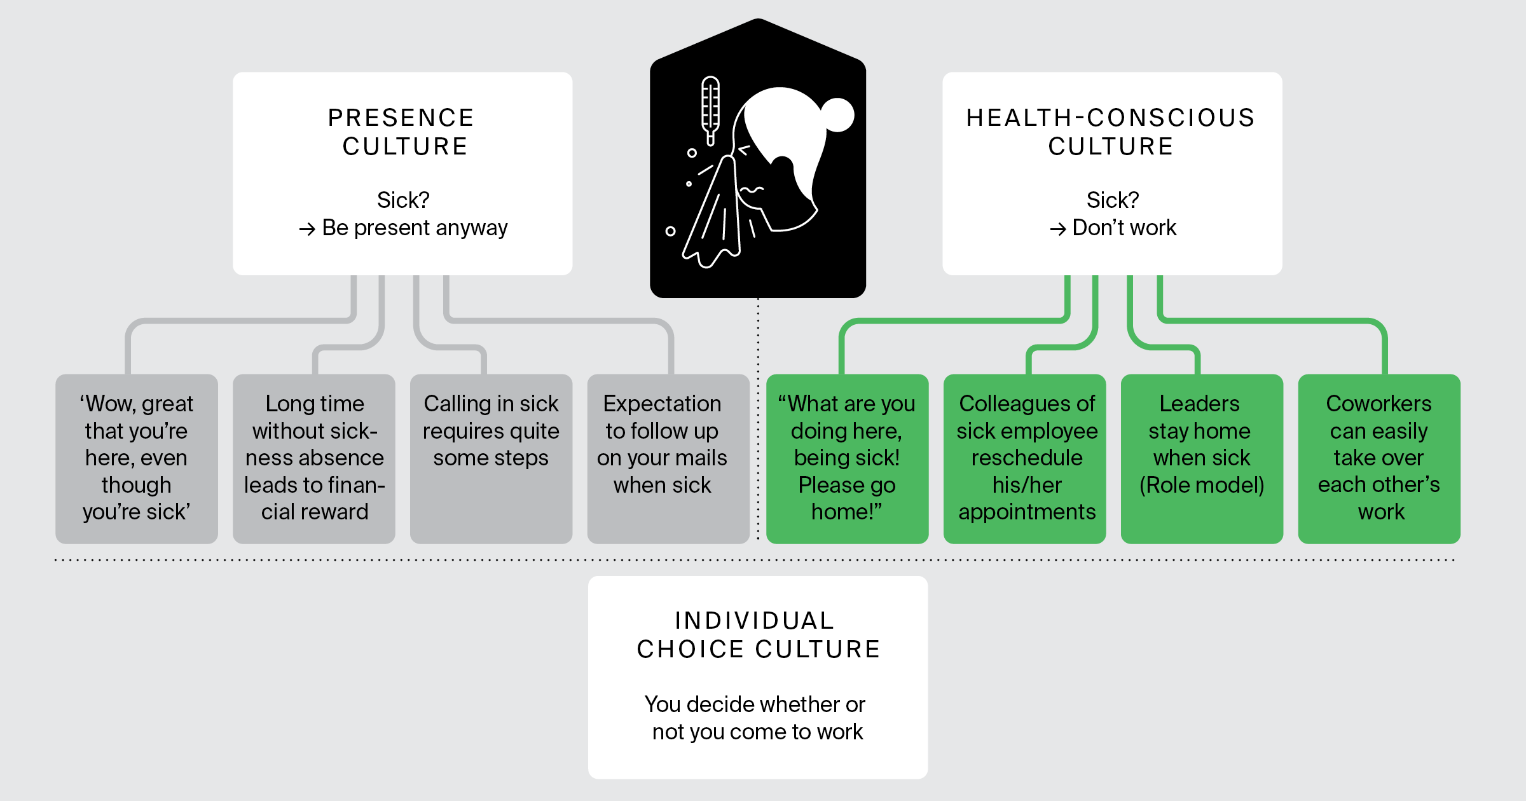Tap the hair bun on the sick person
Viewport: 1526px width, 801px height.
[837, 115]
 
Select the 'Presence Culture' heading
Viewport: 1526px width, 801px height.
[402, 132]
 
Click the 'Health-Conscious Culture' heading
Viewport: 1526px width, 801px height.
[1111, 132]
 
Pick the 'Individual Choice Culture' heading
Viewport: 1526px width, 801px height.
[757, 634]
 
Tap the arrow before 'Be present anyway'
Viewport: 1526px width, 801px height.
[307, 229]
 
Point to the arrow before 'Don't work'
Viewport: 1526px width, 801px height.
[1057, 229]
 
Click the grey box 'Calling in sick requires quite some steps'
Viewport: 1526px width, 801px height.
[491, 458]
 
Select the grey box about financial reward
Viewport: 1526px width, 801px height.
[314, 458]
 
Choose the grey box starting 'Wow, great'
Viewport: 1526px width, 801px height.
[137, 458]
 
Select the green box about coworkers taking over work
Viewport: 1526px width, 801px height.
[1378, 458]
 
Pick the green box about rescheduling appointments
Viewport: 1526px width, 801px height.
[1024, 458]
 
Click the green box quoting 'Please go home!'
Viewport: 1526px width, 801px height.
[847, 458]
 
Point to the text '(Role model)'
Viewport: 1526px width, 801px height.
[1201, 485]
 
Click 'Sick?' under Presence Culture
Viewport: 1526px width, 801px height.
[403, 200]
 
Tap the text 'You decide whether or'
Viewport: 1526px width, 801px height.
[755, 704]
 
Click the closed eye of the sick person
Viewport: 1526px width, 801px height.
[744, 151]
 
